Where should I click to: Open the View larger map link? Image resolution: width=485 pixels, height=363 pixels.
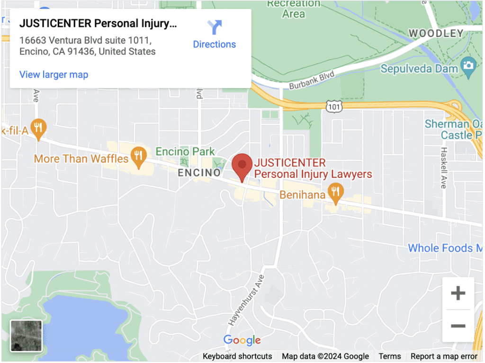pyautogui.click(x=54, y=75)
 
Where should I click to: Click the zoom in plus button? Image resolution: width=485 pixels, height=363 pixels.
pyautogui.click(x=458, y=294)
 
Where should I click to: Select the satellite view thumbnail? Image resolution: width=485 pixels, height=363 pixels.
pyautogui.click(x=26, y=336)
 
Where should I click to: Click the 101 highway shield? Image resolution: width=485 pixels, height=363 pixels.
pyautogui.click(x=334, y=107)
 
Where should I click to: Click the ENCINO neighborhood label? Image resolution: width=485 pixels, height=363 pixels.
pyautogui.click(x=199, y=173)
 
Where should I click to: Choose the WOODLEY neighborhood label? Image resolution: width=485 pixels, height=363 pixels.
pyautogui.click(x=436, y=33)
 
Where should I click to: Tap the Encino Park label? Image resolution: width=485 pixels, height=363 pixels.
pyautogui.click(x=185, y=151)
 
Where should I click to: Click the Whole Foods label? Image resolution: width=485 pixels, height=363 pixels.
pyautogui.click(x=440, y=248)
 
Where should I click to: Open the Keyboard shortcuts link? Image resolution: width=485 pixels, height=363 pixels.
pyautogui.click(x=237, y=356)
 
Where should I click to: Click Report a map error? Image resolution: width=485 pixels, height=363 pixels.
pyautogui.click(x=444, y=356)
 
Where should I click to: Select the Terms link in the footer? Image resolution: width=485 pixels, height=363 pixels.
pyautogui.click(x=389, y=356)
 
